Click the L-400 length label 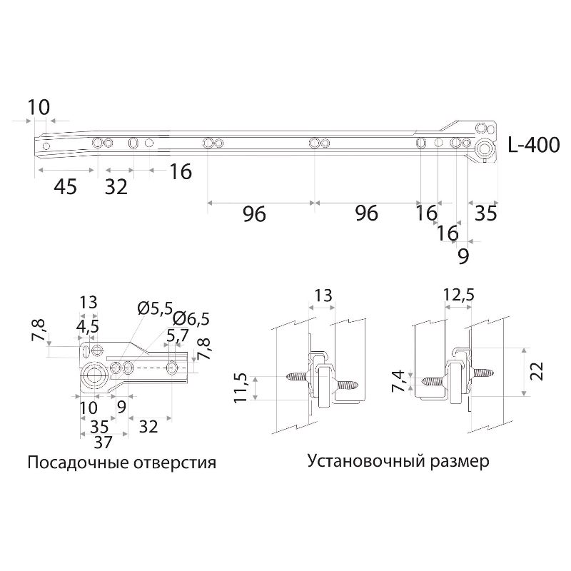click(x=533, y=145)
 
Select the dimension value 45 click(x=66, y=187)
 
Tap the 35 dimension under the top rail click(x=486, y=213)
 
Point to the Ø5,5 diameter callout click(x=155, y=309)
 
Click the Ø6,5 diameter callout click(x=191, y=319)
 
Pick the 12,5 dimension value click(x=458, y=295)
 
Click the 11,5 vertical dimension click(x=241, y=388)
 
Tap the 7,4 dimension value click(x=398, y=381)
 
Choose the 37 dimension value click(x=103, y=443)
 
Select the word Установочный click(x=365, y=461)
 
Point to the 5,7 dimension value click(x=178, y=335)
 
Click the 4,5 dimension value click(x=87, y=327)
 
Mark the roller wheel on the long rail click(x=485, y=149)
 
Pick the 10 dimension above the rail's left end click(x=39, y=108)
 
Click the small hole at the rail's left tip click(x=46, y=146)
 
